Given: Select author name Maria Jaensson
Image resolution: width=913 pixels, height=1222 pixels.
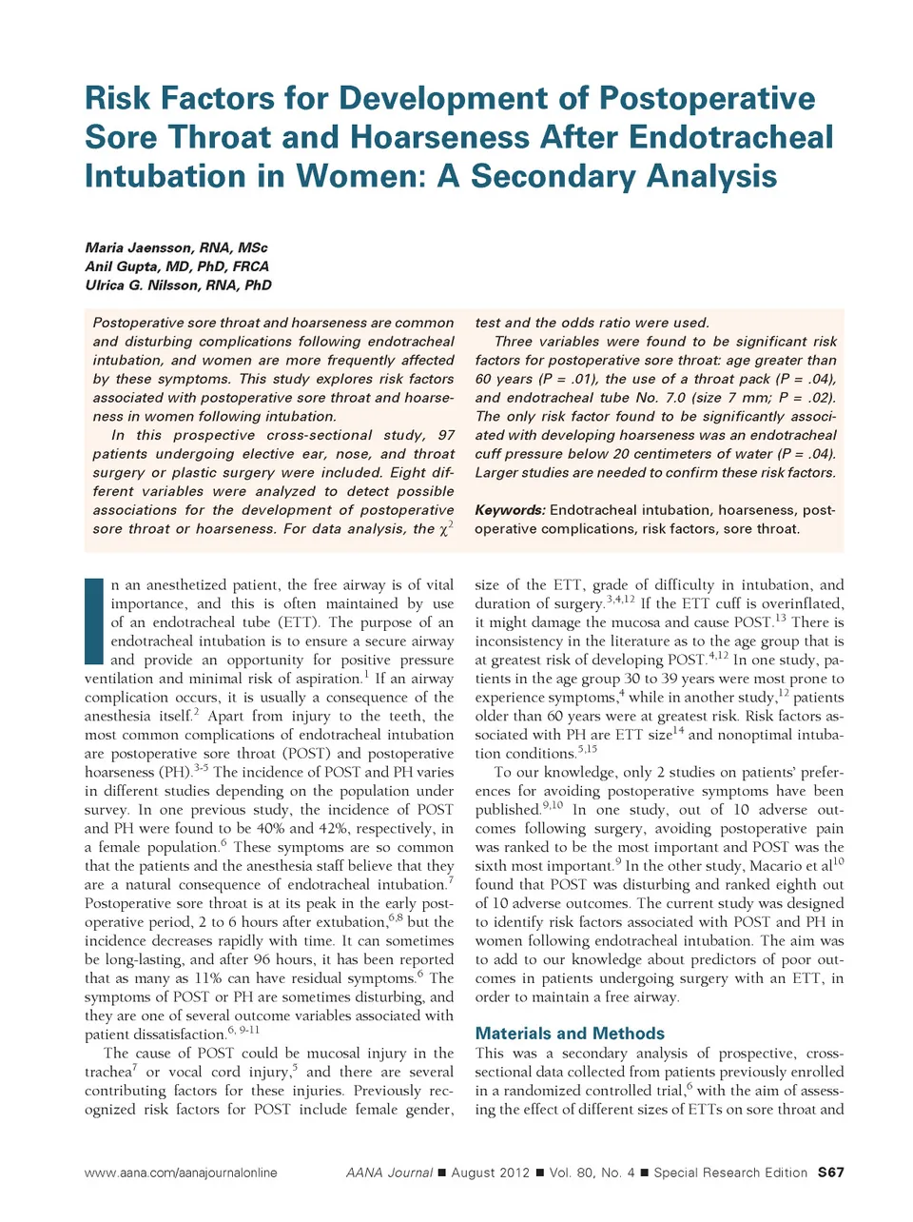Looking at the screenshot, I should (141, 247).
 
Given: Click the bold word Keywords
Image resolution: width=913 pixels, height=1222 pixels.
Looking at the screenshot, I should (510, 510).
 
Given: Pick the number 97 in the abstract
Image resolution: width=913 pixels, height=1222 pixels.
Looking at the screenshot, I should (446, 435).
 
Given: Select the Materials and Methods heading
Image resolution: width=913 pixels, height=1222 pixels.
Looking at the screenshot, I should (570, 1034).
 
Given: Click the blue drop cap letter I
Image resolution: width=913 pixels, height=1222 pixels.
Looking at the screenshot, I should (93, 621).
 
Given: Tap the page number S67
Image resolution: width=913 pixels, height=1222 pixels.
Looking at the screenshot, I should (830, 1173).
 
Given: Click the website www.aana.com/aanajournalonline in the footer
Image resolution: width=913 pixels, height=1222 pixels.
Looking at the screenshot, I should (181, 1173).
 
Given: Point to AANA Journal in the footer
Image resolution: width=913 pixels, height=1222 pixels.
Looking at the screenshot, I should (389, 1173).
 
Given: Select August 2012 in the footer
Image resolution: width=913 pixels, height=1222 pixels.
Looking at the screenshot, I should (490, 1173).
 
